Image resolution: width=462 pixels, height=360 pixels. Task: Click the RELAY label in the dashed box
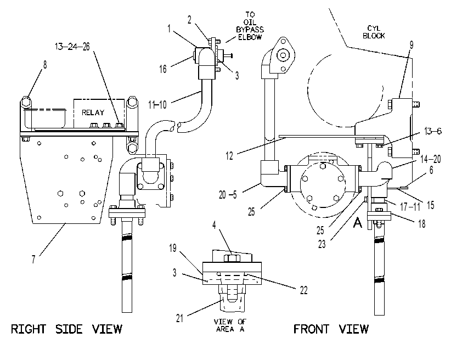pyautogui.click(x=93, y=113)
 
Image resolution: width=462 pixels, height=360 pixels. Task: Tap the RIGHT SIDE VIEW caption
pyautogui.click(x=66, y=329)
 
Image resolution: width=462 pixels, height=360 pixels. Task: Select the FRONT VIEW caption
pyautogui.click(x=331, y=329)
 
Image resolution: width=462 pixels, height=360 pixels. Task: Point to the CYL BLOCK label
pyautogui.click(x=374, y=32)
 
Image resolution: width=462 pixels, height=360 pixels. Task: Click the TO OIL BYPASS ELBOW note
pyautogui.click(x=250, y=26)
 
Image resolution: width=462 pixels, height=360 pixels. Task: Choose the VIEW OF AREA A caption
pyautogui.click(x=230, y=325)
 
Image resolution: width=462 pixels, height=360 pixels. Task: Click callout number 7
pyautogui.click(x=33, y=260)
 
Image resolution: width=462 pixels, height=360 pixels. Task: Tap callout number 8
pyautogui.click(x=45, y=65)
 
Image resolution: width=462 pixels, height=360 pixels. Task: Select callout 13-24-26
pyautogui.click(x=72, y=47)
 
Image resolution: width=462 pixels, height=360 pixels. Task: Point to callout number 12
pyautogui.click(x=229, y=156)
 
